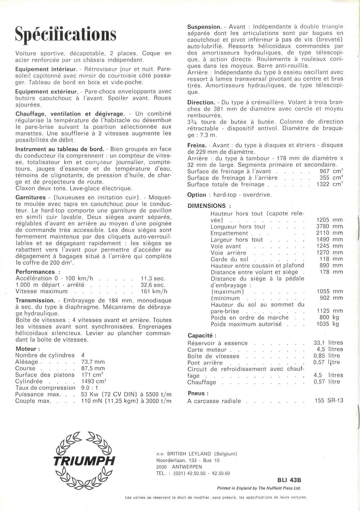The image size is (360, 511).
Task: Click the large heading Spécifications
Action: pos(66,35)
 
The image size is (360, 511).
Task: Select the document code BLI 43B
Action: pos(289,480)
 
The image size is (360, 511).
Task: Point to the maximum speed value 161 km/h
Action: pos(154,291)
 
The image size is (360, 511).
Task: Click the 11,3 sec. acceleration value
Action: pos(153,279)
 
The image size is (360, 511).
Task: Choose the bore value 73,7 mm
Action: pos(93,362)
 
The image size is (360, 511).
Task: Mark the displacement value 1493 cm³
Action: pos(94,381)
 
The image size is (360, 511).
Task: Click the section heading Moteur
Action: pos(26,349)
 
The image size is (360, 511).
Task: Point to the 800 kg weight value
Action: pos(329,318)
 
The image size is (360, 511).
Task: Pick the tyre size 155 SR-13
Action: pos(329,401)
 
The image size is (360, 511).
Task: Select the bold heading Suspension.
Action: pos(204,27)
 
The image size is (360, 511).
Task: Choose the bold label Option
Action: pos(197,195)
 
